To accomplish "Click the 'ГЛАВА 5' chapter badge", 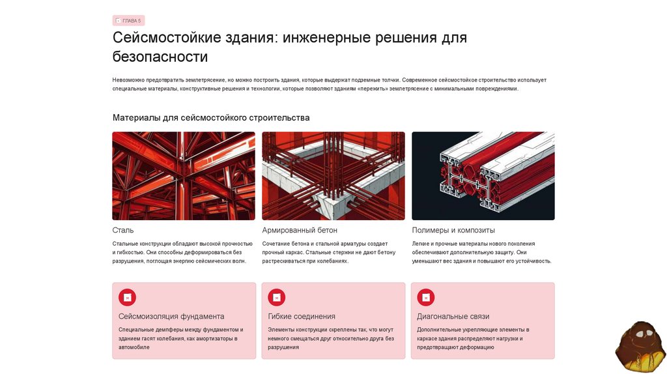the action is pyautogui.click(x=128, y=20).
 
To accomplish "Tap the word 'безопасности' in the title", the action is pyautogui.click(x=160, y=57).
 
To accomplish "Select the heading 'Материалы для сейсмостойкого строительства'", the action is pyautogui.click(x=211, y=117).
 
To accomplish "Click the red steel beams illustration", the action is pyautogui.click(x=184, y=176).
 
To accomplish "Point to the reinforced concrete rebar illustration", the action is pyautogui.click(x=333, y=176).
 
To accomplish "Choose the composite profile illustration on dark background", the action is pyautogui.click(x=483, y=176).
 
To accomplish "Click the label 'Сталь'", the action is pyautogui.click(x=123, y=230).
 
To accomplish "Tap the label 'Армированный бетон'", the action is pyautogui.click(x=300, y=230).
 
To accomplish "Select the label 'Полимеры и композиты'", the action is pyautogui.click(x=453, y=230).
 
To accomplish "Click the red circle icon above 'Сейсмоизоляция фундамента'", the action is pyautogui.click(x=127, y=297).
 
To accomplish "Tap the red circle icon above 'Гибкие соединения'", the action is pyautogui.click(x=276, y=297).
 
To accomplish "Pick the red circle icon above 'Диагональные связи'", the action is pyautogui.click(x=426, y=297).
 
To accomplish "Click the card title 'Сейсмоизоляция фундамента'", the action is pyautogui.click(x=171, y=317).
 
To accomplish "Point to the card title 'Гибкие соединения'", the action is pyautogui.click(x=302, y=317).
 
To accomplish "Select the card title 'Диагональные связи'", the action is pyautogui.click(x=453, y=317).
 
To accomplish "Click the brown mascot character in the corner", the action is pyautogui.click(x=640, y=347).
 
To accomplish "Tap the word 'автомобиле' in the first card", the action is pyautogui.click(x=134, y=347).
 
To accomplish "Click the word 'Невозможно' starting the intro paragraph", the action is pyautogui.click(x=128, y=80).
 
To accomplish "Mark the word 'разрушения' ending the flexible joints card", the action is pyautogui.click(x=283, y=347).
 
